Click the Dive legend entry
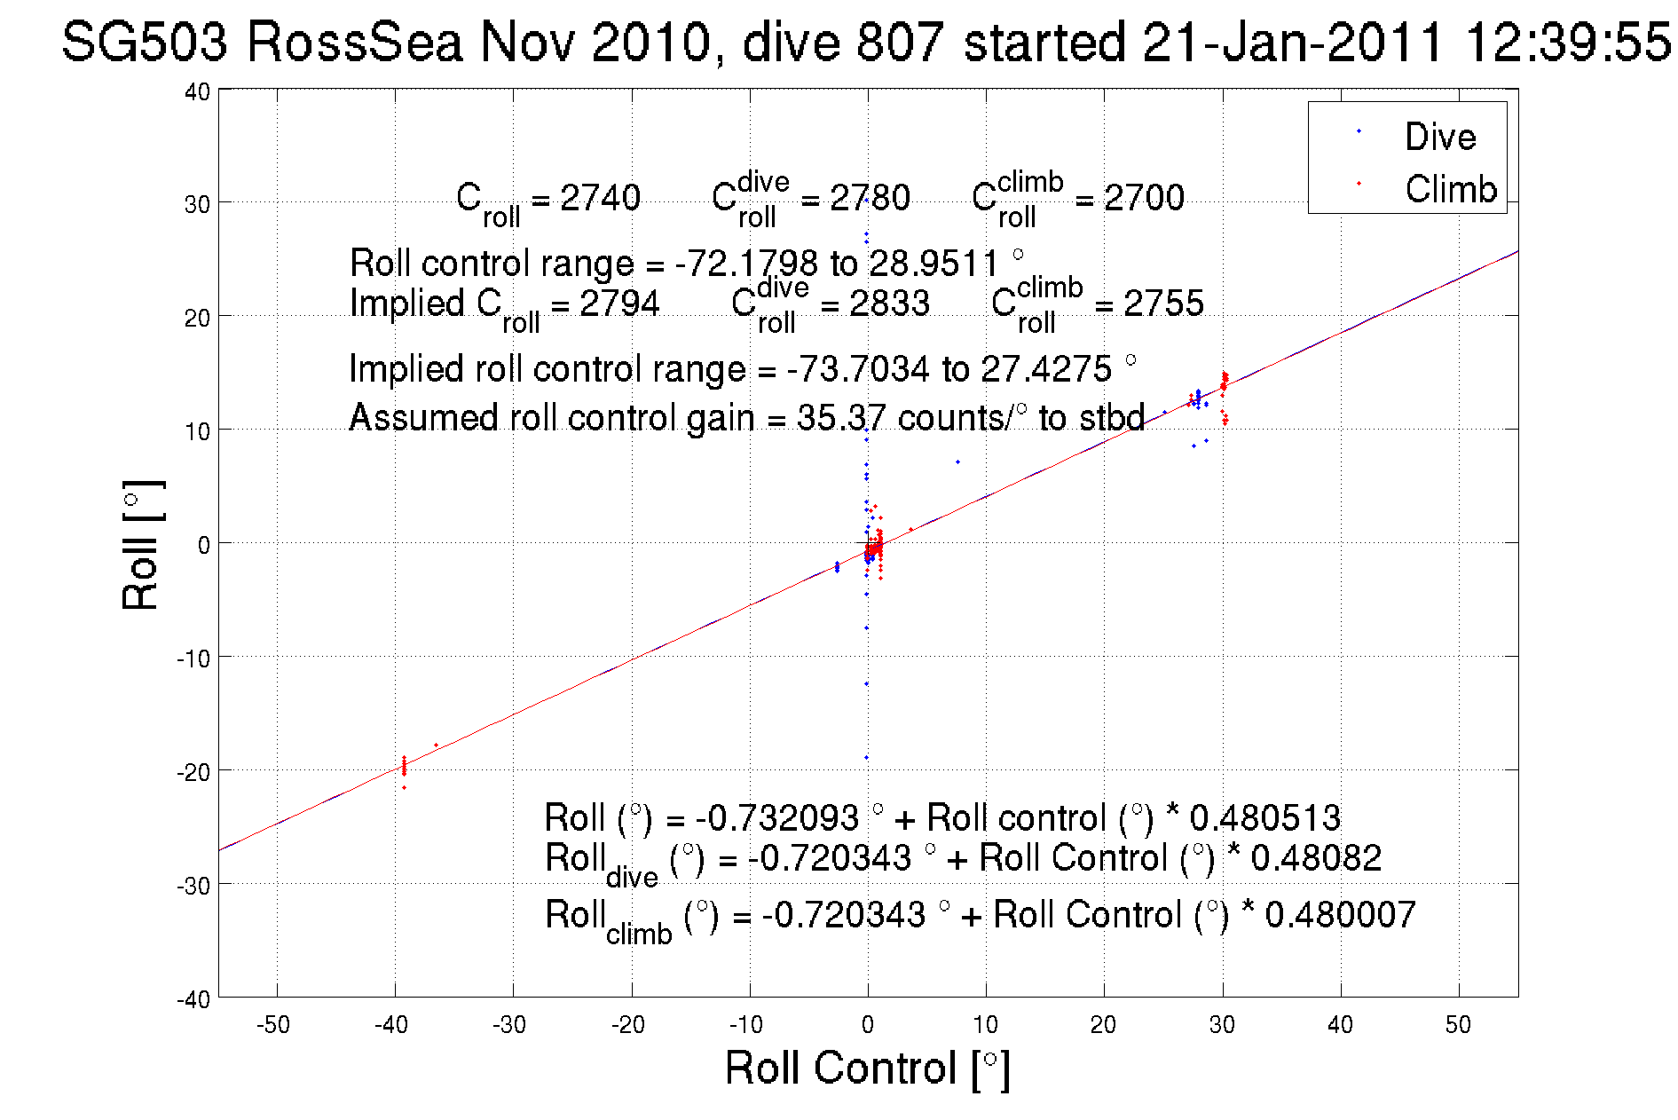tap(1439, 137)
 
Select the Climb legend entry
tap(1450, 189)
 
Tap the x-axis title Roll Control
tap(867, 1068)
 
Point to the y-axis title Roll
tap(140, 545)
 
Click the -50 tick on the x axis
tap(272, 1025)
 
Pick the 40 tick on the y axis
tap(197, 91)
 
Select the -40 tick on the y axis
tap(193, 999)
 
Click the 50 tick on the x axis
tap(1458, 1025)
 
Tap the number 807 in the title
tap(900, 42)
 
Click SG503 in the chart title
tap(145, 42)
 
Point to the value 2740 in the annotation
tap(600, 197)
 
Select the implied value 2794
tap(619, 304)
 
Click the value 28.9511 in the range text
tap(934, 264)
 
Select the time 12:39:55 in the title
tap(1567, 42)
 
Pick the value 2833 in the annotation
tap(889, 304)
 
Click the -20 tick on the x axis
tap(627, 1025)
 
